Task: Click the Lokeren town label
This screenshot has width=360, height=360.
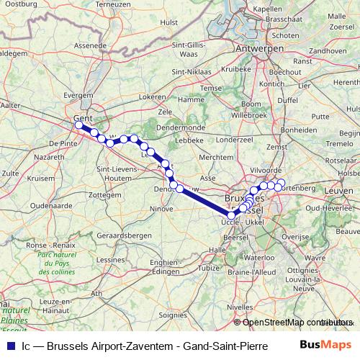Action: (153, 96)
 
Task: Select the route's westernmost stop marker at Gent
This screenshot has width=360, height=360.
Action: (78, 125)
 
